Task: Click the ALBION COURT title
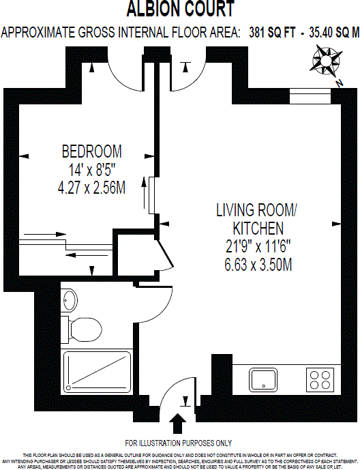click(180, 10)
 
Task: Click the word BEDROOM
click(91, 151)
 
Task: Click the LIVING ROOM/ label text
click(258, 209)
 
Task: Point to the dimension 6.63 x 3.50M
click(258, 263)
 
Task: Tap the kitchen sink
click(262, 379)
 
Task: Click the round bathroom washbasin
click(68, 299)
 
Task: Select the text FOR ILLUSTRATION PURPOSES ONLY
click(179, 443)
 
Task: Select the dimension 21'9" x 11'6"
click(258, 246)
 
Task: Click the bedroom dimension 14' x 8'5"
click(91, 169)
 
